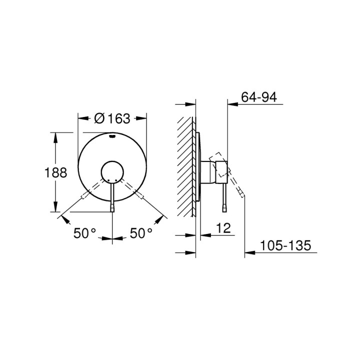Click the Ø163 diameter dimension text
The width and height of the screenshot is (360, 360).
coord(112,118)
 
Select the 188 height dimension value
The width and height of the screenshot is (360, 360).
coord(56,173)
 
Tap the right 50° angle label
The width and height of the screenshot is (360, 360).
coord(141,232)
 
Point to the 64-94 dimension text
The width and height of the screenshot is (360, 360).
coord(258,97)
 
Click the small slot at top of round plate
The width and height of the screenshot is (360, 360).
coord(112,135)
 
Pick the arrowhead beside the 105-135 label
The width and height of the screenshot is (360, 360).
coord(248,253)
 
